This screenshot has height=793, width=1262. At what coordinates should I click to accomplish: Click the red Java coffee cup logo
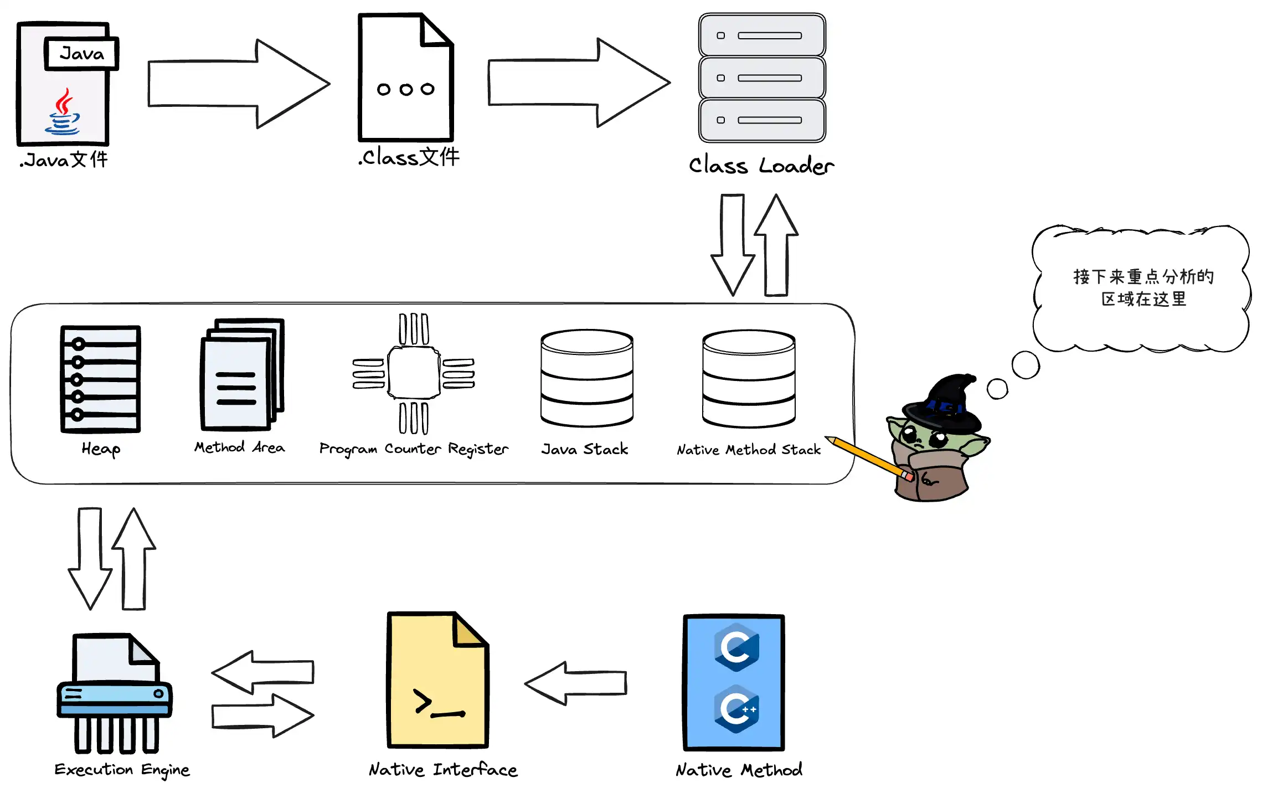(63, 112)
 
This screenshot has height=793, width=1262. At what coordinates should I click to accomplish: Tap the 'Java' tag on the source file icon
(81, 54)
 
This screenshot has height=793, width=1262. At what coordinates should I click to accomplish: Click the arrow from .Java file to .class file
(238, 84)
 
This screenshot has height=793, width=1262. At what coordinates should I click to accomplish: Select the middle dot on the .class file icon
(406, 90)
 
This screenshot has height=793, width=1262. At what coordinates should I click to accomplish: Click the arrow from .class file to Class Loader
(578, 83)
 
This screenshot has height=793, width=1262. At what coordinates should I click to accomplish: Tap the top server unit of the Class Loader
(762, 35)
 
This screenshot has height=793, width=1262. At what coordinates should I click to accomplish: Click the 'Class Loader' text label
(761, 166)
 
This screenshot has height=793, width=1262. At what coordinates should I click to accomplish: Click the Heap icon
(100, 379)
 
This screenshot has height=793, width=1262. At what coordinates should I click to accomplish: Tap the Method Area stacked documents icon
(241, 375)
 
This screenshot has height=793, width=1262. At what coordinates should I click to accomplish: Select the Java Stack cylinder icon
(586, 379)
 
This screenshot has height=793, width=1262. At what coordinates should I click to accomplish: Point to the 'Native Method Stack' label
(748, 450)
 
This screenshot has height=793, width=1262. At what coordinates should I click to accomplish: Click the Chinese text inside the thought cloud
(1143, 287)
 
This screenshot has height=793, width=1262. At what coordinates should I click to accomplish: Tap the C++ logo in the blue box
(736, 709)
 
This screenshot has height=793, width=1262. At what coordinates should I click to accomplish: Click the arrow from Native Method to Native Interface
(575, 683)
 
